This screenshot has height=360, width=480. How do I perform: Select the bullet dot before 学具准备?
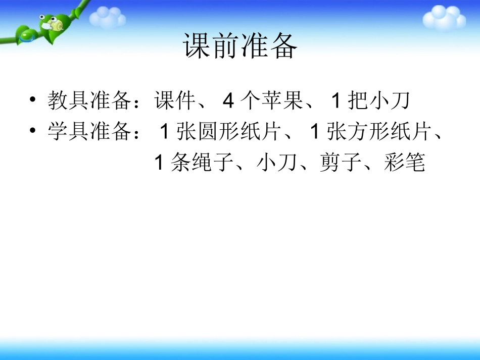coord(33,132)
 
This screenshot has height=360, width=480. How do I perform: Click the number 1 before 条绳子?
coord(159,164)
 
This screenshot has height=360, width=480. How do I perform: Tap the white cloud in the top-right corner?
coord(444,18)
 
